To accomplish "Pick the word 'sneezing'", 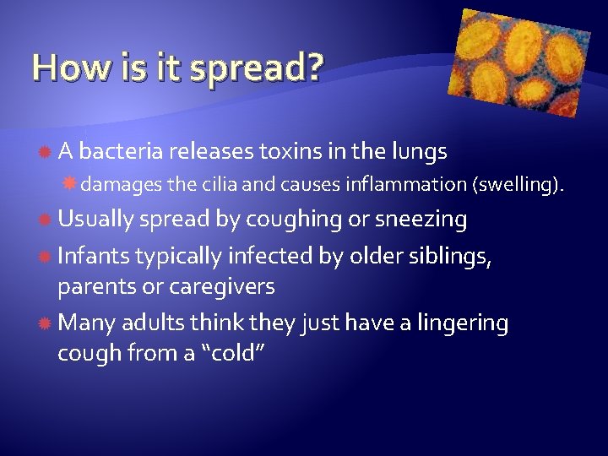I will click(x=421, y=220).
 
